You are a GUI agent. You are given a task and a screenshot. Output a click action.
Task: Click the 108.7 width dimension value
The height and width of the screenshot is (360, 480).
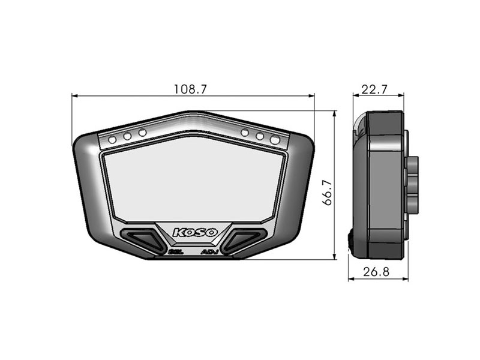(x=190, y=89)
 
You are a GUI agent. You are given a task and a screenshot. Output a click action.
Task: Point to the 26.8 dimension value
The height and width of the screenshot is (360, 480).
(x=376, y=272)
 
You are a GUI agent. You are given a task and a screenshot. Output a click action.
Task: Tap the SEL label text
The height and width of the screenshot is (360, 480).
(x=176, y=252)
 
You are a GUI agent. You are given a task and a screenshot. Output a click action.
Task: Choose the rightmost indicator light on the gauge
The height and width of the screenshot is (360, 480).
(x=275, y=140)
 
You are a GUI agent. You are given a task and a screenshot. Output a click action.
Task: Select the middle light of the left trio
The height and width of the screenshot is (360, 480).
(x=127, y=136)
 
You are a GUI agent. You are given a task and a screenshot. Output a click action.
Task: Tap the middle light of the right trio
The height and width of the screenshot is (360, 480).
(x=260, y=136)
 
